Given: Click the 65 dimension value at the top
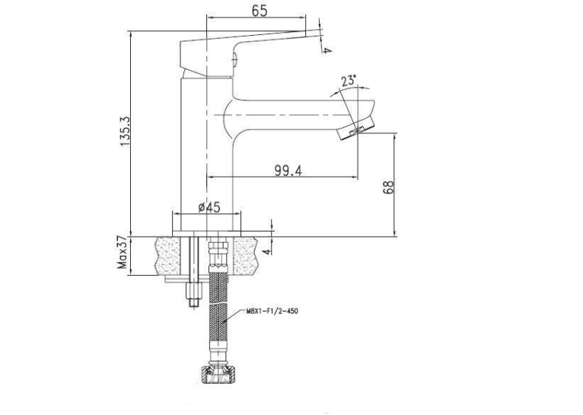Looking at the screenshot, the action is coord(260,11).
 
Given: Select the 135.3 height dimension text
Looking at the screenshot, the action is coord(125,130).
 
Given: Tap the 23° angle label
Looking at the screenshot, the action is coord(349,81).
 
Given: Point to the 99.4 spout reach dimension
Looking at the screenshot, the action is coord(288,171).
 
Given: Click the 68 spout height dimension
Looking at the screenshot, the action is coord(388,187).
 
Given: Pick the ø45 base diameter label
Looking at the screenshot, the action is coord(209,207).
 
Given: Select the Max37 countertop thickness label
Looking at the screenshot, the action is coord(123,254).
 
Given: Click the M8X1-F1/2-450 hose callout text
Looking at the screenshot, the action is coord(272,311).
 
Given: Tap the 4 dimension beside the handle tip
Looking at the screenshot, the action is coord(326,49).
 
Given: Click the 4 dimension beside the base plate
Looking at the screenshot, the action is coord(267,251).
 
